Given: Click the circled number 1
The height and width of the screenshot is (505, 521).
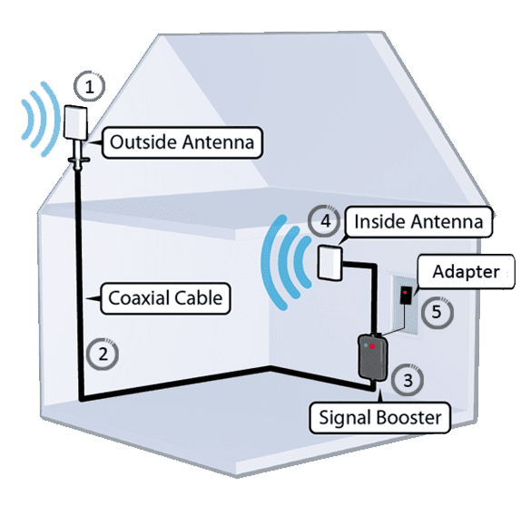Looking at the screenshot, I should (x=88, y=86).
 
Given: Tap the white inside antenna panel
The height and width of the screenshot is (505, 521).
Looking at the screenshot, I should (x=330, y=263).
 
